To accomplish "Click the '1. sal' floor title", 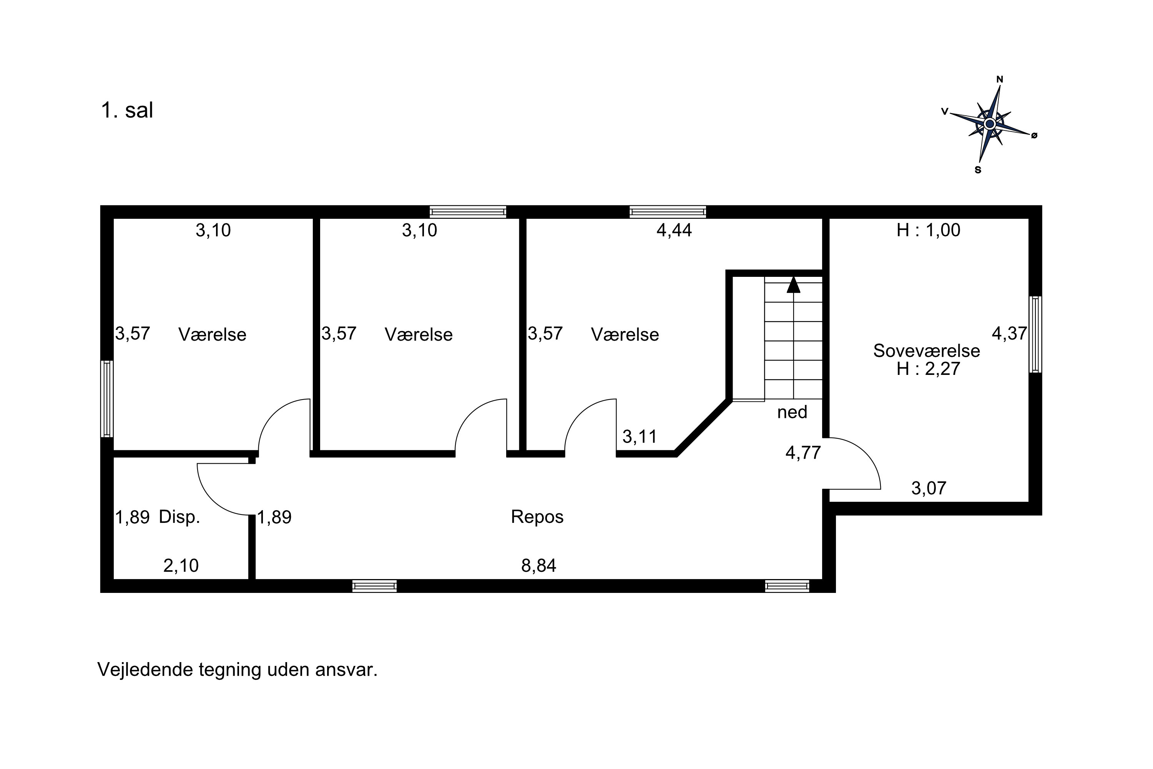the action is coord(127,110).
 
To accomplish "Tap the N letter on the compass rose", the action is coord(1000,80).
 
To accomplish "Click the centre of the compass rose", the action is coord(989,123).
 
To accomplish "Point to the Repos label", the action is coord(537,516).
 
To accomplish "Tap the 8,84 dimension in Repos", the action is coord(539,566).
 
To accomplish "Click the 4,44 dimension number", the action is coord(674,230).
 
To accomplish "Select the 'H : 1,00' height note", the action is coord(929,230).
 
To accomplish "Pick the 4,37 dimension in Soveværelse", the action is coord(1009,333).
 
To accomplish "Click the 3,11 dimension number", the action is coord(640,436).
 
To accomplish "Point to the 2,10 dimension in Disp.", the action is coord(181,566).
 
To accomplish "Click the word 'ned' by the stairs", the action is coord(792,412).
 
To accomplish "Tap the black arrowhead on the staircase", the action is coord(793,285).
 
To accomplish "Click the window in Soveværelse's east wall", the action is coord(1035,335).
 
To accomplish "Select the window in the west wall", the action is coord(107,399).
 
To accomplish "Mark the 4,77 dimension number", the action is coord(803,453).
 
